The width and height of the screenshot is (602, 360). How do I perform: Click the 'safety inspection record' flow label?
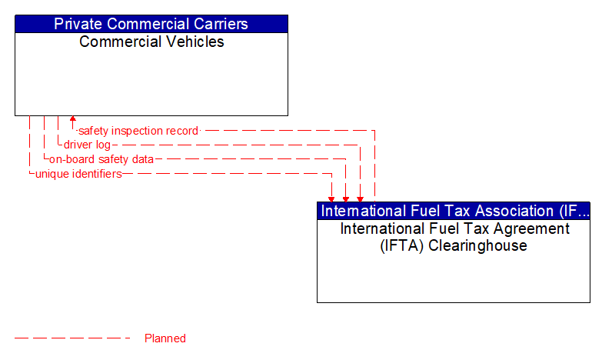click(138, 131)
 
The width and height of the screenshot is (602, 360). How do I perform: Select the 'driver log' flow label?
click(87, 145)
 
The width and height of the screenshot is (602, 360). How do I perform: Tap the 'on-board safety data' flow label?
click(101, 159)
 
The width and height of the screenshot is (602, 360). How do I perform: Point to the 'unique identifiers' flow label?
click(78, 174)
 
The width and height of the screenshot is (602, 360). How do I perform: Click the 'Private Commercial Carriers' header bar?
click(151, 24)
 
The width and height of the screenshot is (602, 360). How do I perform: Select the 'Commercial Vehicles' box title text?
click(151, 42)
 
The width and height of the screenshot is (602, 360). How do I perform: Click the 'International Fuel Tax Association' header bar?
click(454, 211)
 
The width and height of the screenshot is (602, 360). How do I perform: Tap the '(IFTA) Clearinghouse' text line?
click(454, 246)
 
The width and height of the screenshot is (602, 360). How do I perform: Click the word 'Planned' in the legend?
click(165, 338)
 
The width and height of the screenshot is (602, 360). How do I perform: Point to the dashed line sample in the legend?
click(73, 338)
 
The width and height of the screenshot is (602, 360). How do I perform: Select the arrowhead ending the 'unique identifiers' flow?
click(332, 198)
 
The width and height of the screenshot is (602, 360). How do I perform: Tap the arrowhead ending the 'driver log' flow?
click(360, 198)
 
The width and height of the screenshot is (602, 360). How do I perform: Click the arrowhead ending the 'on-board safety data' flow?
click(346, 198)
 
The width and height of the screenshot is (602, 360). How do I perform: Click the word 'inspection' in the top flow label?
click(142, 131)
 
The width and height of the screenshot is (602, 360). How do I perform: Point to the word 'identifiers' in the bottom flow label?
click(96, 174)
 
